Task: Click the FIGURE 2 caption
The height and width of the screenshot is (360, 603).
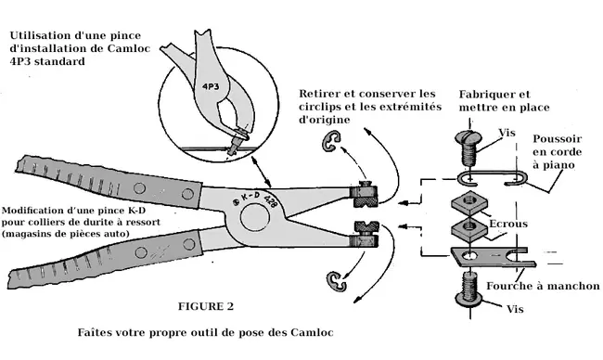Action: [x=206, y=306]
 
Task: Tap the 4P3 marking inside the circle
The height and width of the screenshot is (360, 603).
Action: [x=211, y=87]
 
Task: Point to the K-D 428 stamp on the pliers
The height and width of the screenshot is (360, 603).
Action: [x=255, y=199]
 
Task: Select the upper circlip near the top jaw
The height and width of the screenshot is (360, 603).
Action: [x=330, y=141]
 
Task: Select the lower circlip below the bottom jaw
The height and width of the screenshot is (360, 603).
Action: [x=337, y=281]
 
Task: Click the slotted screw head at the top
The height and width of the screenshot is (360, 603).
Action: [x=468, y=137]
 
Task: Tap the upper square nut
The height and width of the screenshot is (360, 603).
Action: [x=469, y=204]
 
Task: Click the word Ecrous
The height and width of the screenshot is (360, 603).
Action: [x=508, y=224]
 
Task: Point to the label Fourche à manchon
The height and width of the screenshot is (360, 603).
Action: [x=543, y=286]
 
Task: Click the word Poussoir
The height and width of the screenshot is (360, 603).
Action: [x=557, y=138]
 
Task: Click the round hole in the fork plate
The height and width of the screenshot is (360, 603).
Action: [x=469, y=256]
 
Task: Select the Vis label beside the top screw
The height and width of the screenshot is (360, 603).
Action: [x=507, y=133]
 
